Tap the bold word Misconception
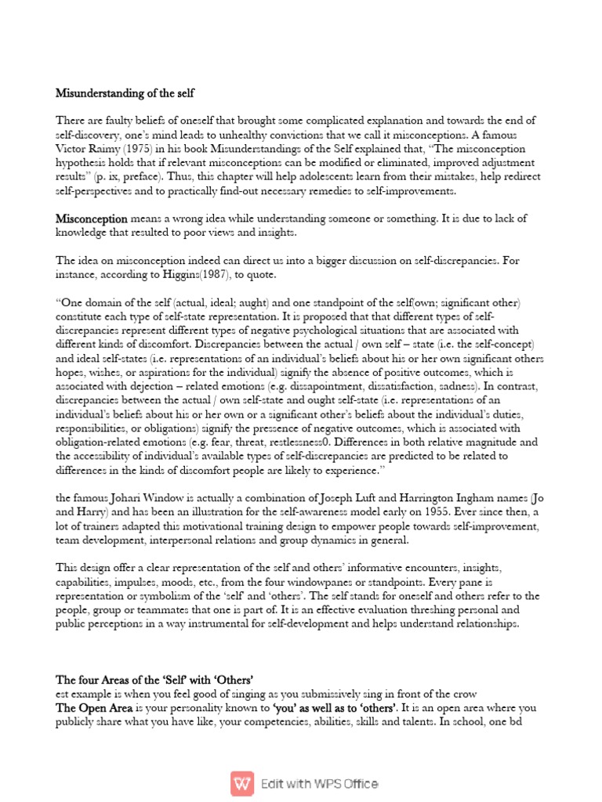click(92, 219)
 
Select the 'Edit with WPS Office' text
click(320, 783)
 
